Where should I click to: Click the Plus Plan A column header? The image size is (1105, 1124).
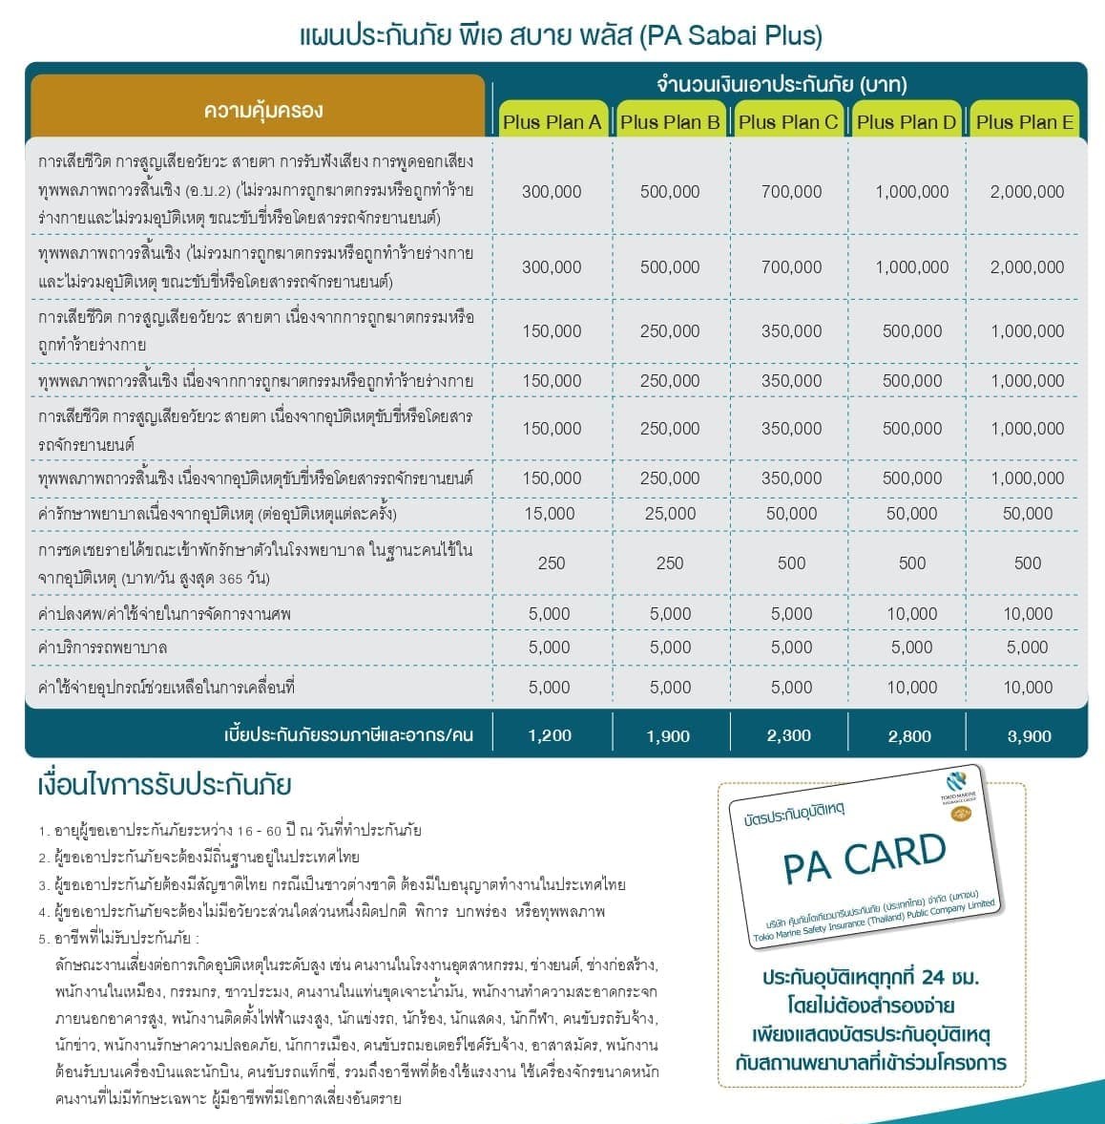point(552,121)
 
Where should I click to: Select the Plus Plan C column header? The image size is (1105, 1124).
point(788,121)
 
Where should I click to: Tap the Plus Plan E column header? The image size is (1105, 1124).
point(1025,121)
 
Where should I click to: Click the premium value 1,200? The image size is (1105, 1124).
point(550,735)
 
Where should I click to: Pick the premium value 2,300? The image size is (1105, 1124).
point(790,735)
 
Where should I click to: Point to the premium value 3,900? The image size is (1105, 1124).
point(1029,735)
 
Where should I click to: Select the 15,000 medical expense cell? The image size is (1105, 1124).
point(550,514)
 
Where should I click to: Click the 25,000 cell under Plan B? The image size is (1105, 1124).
point(670,514)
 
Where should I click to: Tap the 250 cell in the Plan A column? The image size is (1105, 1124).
point(552,563)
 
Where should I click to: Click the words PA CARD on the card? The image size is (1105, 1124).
point(865,857)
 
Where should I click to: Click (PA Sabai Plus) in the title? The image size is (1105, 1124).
point(730,36)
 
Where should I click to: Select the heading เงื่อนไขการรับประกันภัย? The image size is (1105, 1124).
point(163,786)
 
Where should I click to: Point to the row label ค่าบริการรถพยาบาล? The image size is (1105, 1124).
point(102,647)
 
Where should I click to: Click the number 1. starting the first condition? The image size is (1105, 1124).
point(44,831)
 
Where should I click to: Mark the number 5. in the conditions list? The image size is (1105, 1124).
point(44,939)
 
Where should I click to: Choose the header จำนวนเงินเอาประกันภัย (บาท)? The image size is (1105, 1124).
point(782,84)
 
